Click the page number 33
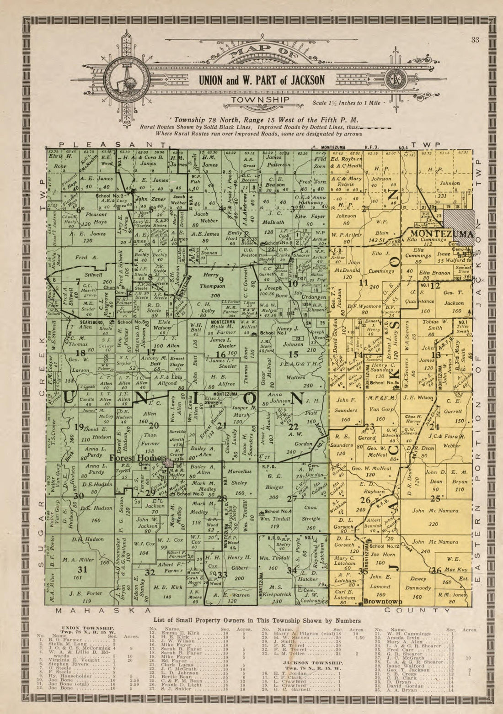click(x=475, y=40)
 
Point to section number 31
click(x=82, y=569)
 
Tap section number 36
click(x=436, y=570)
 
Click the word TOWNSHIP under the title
click(x=260, y=100)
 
